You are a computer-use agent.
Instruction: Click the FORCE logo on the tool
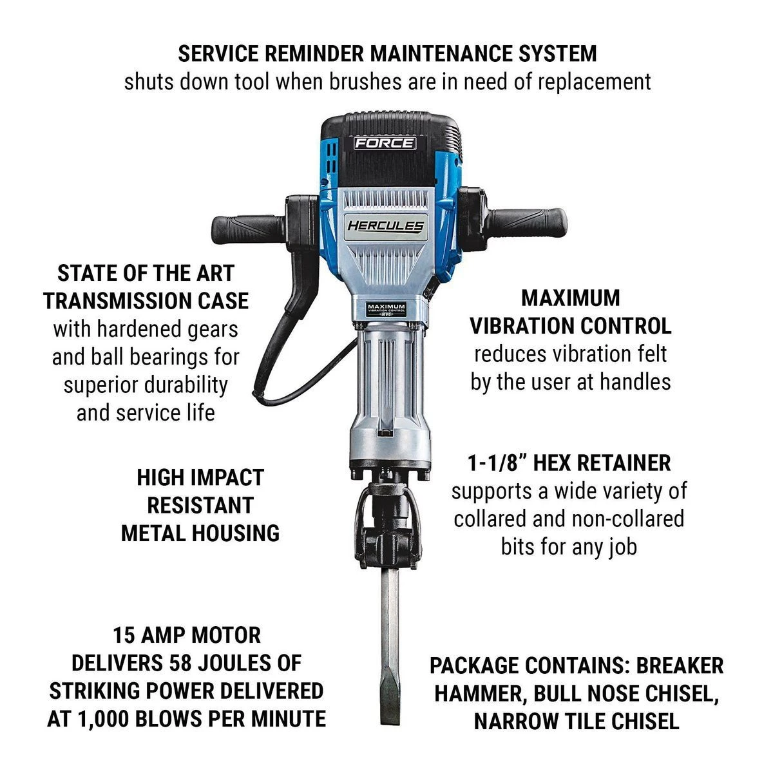click(x=385, y=143)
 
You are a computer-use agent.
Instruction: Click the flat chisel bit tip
click(x=391, y=663)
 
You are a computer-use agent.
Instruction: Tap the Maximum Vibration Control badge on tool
click(x=386, y=309)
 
